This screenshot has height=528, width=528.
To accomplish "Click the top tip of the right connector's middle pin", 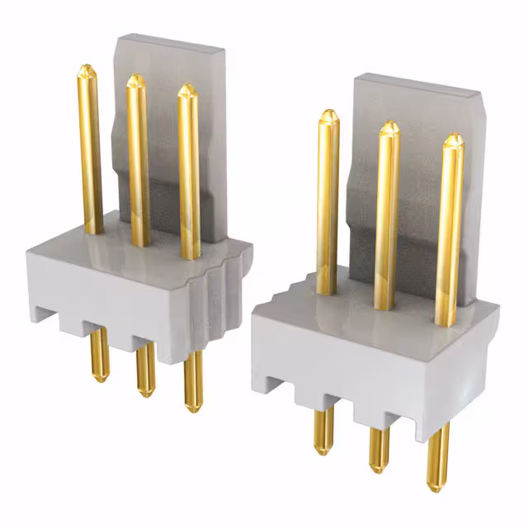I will pos(389,126).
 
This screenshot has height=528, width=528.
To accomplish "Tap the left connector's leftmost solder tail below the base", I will pos(98,355).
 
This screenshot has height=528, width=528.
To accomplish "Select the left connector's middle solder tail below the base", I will pos(145,371).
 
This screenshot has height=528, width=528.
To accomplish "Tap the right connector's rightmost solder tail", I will pos(437,462).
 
